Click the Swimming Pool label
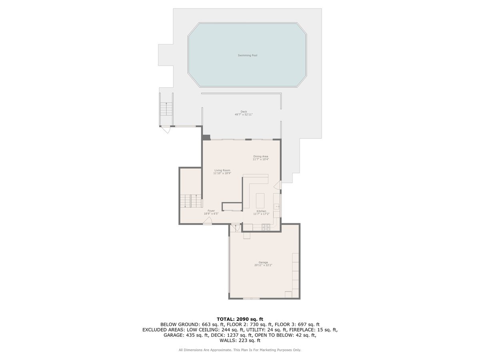[x=247, y=56]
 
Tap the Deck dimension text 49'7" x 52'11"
[x=244, y=114]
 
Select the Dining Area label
[x=261, y=156]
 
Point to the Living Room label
[x=222, y=170]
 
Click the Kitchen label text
[x=261, y=211]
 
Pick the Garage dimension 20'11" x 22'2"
[x=263, y=265]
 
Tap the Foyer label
[x=211, y=211]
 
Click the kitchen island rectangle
[x=260, y=200]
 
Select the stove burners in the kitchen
[x=266, y=228]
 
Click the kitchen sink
[x=277, y=206]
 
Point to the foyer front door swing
[x=207, y=221]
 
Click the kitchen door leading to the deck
[x=278, y=185]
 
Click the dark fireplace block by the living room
[x=206, y=137]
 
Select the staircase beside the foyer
[x=191, y=201]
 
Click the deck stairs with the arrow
[x=166, y=109]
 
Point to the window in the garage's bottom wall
[x=251, y=298]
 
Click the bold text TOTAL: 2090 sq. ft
[x=240, y=319]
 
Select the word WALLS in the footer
[x=227, y=340]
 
